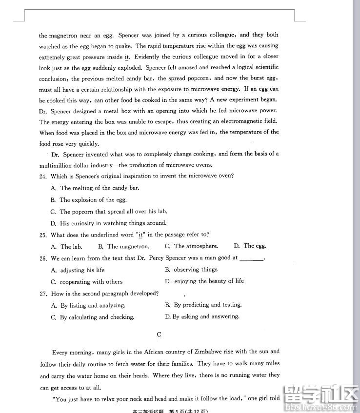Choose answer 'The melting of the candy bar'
pos(100,188)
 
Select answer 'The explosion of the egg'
pos(93,200)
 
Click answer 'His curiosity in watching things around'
pos(113,223)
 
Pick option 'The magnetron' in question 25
pos(128,247)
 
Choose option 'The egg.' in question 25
pos(255,246)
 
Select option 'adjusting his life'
pos(82,270)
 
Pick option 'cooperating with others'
pos(91,282)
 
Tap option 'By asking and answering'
pos(206,317)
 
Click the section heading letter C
pos(159,334)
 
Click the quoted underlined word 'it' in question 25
pos(141,235)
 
